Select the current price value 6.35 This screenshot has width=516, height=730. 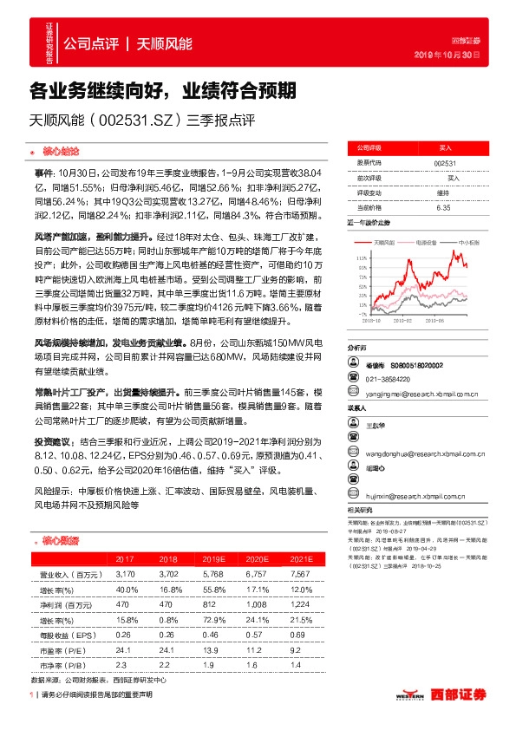point(443,207)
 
